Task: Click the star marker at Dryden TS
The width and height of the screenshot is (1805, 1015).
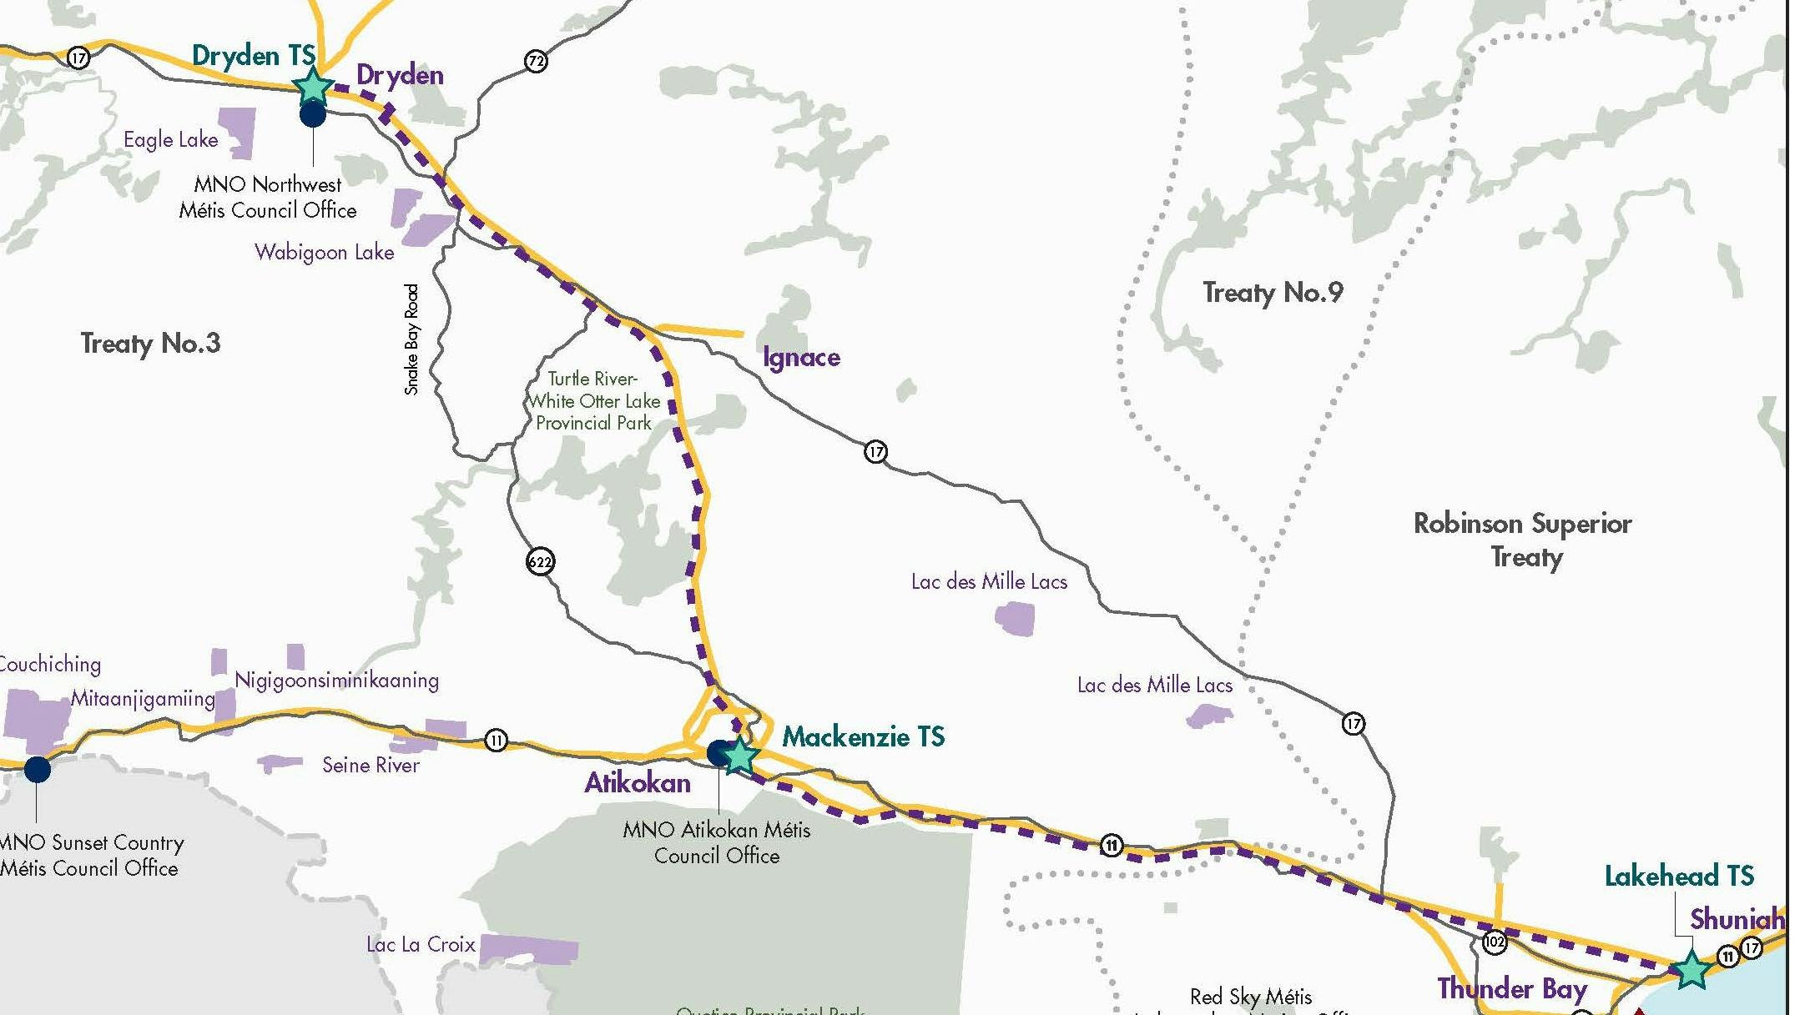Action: pyautogui.click(x=313, y=87)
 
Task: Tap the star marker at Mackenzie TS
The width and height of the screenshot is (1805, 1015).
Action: pyautogui.click(x=739, y=756)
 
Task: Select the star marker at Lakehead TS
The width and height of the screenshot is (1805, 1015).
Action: pyautogui.click(x=1692, y=970)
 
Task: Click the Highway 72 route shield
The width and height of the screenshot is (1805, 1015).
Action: pyautogui.click(x=536, y=61)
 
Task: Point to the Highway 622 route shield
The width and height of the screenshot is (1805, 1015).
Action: pyautogui.click(x=540, y=561)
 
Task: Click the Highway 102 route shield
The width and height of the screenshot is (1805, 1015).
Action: pyautogui.click(x=1494, y=942)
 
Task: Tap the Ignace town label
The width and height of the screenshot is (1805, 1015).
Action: pyautogui.click(x=801, y=357)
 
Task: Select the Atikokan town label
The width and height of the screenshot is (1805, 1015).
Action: pyautogui.click(x=638, y=782)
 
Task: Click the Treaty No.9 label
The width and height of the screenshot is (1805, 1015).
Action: pyautogui.click(x=1273, y=292)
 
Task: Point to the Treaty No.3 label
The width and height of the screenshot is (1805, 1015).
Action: pyautogui.click(x=150, y=343)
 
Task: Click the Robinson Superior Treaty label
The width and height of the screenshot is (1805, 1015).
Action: pyautogui.click(x=1523, y=539)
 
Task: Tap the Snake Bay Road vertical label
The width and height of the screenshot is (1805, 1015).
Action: pyautogui.click(x=411, y=339)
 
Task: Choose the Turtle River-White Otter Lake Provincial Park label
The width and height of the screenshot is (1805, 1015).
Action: pyautogui.click(x=593, y=401)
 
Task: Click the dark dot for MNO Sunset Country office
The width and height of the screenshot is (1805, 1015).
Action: pyautogui.click(x=37, y=769)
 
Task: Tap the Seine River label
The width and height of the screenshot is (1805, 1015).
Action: pyautogui.click(x=371, y=765)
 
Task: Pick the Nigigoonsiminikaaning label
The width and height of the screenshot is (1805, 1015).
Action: pyautogui.click(x=336, y=680)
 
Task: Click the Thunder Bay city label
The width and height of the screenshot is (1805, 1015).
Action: pyautogui.click(x=1511, y=988)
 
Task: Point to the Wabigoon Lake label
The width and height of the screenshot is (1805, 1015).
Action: pyautogui.click(x=324, y=252)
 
